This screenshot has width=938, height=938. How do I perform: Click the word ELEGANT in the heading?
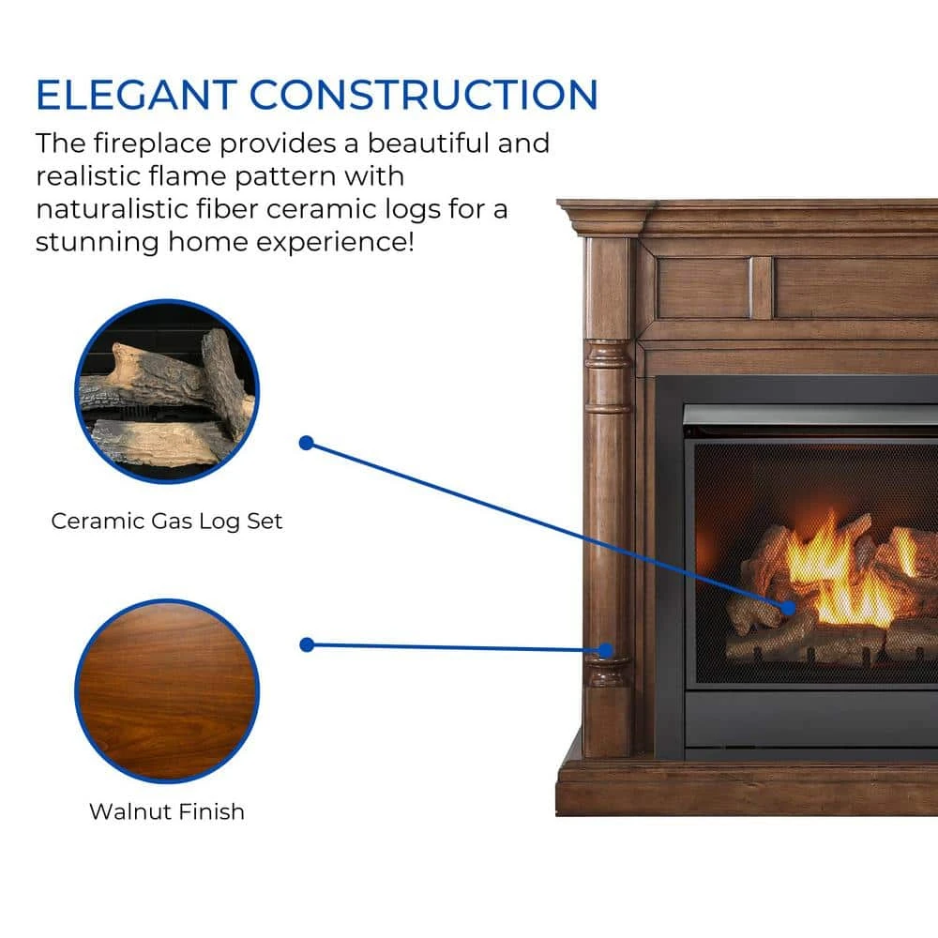pyautogui.click(x=137, y=95)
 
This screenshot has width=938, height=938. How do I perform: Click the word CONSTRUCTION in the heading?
pyautogui.click(x=424, y=95)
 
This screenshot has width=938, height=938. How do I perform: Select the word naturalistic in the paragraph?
pyautogui.click(x=112, y=209)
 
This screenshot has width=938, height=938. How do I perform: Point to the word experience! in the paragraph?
pyautogui.click(x=335, y=243)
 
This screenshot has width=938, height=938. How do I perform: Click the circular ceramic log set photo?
pyautogui.click(x=168, y=392)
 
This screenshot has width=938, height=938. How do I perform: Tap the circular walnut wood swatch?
pyautogui.click(x=168, y=691)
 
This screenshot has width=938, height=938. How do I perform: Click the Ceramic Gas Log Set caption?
pyautogui.click(x=166, y=521)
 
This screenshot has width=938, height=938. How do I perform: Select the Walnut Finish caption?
pyautogui.click(x=167, y=811)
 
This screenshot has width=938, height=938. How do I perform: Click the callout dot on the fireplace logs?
pyautogui.click(x=789, y=609)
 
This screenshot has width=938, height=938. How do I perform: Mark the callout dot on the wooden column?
pyautogui.click(x=605, y=650)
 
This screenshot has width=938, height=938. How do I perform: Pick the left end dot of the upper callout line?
pyautogui.click(x=307, y=443)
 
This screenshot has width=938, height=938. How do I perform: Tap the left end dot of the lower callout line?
pyautogui.click(x=307, y=645)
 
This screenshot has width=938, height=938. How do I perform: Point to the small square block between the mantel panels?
pyautogui.click(x=761, y=287)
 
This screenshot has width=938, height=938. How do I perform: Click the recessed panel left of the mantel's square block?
pyautogui.click(x=703, y=288)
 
